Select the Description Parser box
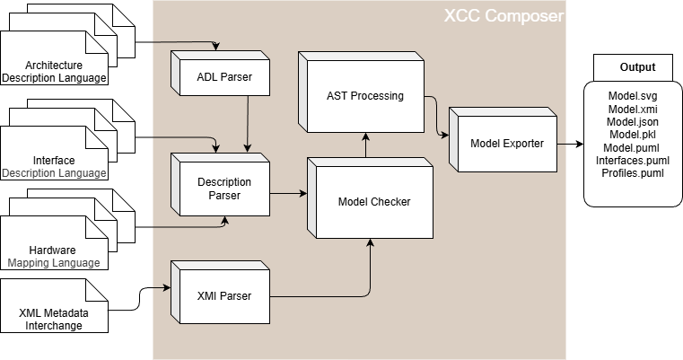[x=224, y=188]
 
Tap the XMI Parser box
[x=223, y=295]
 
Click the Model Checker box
[x=373, y=202]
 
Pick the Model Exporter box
[x=506, y=144]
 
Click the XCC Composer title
[x=503, y=17]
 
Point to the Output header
[x=637, y=67]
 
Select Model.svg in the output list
[x=633, y=97]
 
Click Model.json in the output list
[x=633, y=122]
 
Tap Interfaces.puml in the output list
[x=633, y=160]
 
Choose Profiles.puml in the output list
[x=633, y=172]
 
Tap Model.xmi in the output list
[x=633, y=110]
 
